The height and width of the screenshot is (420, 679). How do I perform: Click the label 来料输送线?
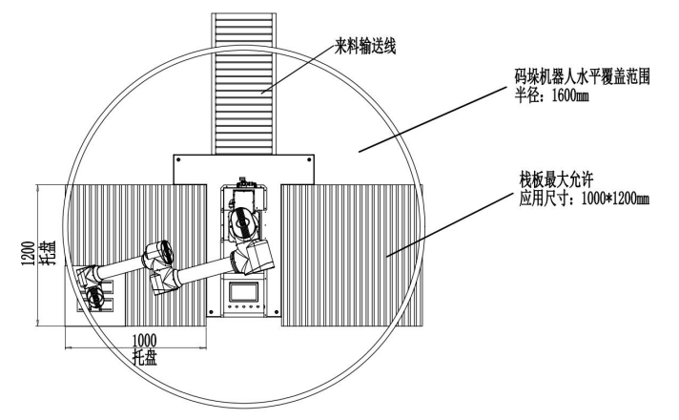click(365, 47)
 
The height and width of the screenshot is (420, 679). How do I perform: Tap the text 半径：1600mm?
click(551, 94)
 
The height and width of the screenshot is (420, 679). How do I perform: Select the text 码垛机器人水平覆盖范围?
click(582, 77)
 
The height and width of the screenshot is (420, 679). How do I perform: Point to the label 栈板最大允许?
click(556, 179)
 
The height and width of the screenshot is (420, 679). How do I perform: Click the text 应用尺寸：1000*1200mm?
click(585, 199)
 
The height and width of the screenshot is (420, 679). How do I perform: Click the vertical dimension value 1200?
click(29, 254)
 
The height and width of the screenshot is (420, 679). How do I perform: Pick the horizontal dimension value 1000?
click(144, 341)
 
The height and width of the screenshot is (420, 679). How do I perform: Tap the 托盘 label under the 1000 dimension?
click(145, 358)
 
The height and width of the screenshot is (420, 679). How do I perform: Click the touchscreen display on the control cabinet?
click(244, 292)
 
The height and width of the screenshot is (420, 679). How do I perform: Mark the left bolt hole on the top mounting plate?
click(178, 160)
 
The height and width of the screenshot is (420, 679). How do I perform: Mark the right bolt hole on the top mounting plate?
click(309, 160)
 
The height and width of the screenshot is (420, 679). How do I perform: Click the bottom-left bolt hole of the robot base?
click(211, 311)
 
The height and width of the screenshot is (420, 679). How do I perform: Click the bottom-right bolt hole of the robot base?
click(277, 311)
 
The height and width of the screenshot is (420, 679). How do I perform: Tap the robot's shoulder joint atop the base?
click(243, 222)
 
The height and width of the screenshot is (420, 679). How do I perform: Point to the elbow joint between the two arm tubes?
click(159, 253)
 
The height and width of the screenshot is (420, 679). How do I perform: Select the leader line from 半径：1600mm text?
click(432, 119)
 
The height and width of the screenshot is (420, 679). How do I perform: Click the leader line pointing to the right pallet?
click(449, 224)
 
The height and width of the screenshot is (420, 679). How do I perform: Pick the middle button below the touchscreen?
click(244, 306)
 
